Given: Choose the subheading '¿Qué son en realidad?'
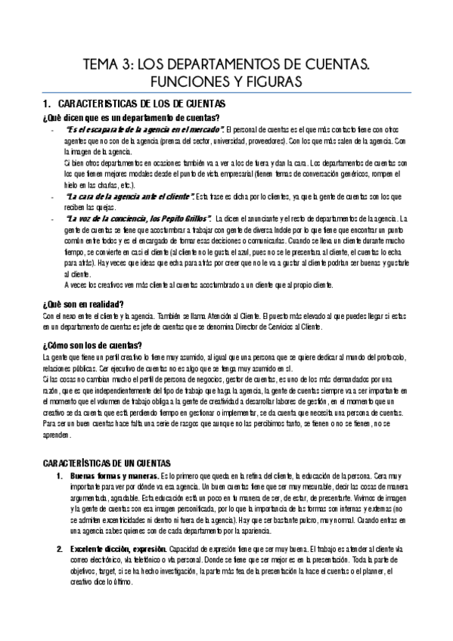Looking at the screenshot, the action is (83, 304).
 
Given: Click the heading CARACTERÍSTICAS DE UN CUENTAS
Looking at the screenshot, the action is (107, 463).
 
